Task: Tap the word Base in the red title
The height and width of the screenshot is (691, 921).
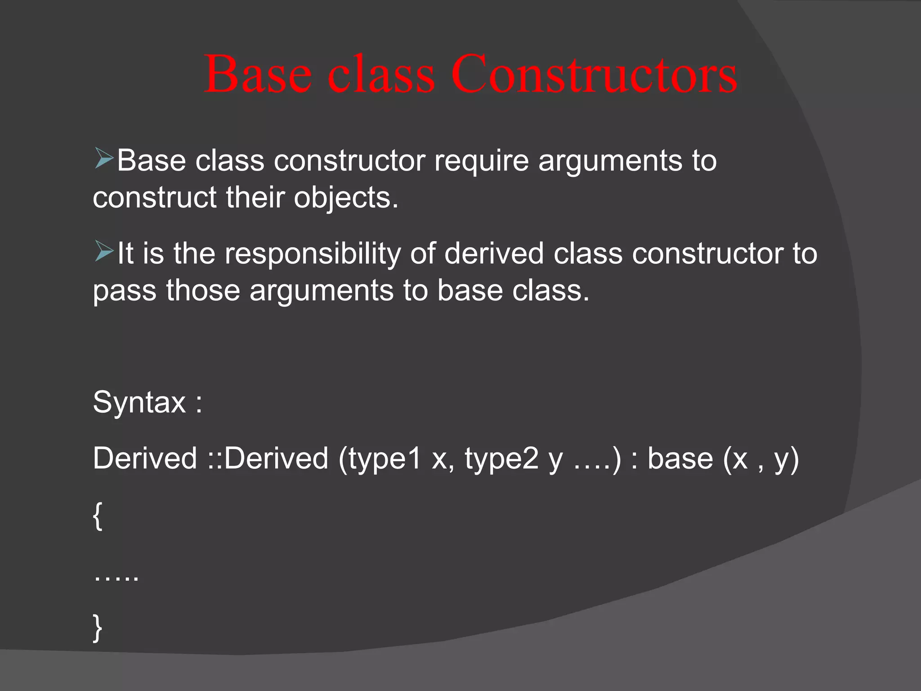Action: [258, 74]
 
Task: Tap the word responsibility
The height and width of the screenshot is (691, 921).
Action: [312, 254]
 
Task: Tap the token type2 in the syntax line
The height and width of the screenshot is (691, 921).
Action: [501, 459]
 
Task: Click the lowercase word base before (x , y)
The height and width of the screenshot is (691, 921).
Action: [680, 458]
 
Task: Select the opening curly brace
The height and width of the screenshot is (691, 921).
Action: [98, 516]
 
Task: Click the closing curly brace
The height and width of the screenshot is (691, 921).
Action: [98, 628]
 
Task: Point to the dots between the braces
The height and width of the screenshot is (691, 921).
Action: [116, 577]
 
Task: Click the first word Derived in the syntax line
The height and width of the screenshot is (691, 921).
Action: [145, 458]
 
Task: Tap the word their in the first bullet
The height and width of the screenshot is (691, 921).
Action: [255, 198]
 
